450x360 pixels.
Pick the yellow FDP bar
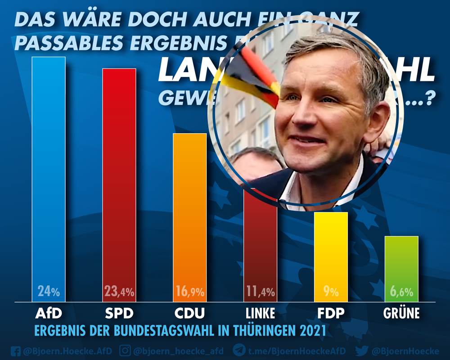click(331, 252)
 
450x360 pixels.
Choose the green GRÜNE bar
click(402, 265)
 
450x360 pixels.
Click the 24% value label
click(49, 292)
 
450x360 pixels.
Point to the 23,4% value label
click(119, 292)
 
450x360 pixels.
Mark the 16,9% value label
click(190, 292)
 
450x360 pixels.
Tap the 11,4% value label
click(261, 292)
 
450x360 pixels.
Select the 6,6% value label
click(402, 292)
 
